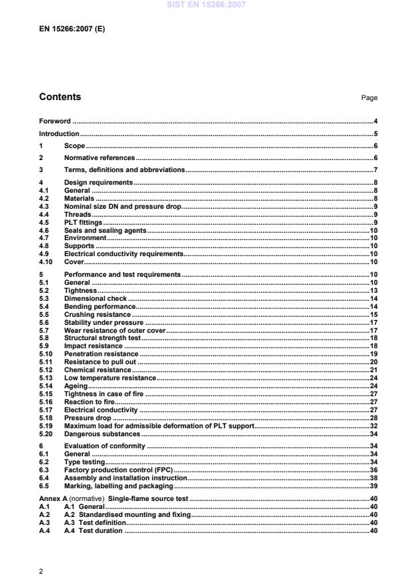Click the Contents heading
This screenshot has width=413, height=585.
click(x=60, y=97)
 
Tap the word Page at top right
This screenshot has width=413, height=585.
click(x=369, y=98)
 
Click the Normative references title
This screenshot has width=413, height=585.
click(x=99, y=158)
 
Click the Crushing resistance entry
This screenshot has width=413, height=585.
click(x=97, y=314)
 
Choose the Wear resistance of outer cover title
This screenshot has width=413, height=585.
click(x=114, y=330)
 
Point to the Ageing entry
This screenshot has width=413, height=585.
click(x=75, y=386)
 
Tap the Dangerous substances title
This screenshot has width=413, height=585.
click(x=102, y=434)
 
